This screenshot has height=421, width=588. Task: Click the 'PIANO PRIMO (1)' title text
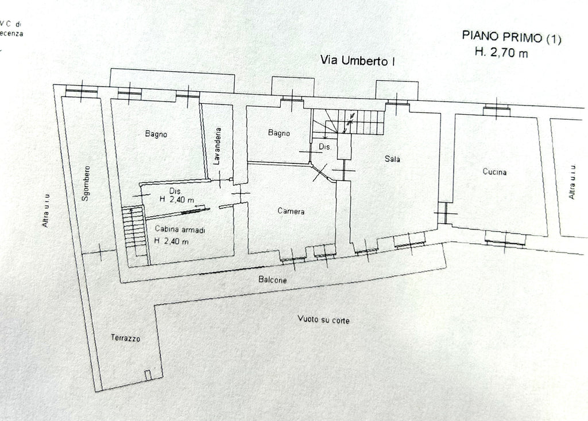512,38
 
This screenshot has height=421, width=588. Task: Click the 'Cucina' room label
494,171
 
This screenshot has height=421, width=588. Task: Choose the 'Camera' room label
291,211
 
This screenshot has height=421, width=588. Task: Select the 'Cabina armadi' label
180,229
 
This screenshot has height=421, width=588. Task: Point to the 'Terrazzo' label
125,338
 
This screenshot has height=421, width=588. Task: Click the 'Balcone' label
272,280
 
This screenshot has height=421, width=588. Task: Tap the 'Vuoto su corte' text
323,319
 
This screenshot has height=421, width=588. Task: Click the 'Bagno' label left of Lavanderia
156,134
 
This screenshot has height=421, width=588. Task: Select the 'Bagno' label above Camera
278,133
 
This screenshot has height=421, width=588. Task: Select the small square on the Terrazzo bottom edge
148,375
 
